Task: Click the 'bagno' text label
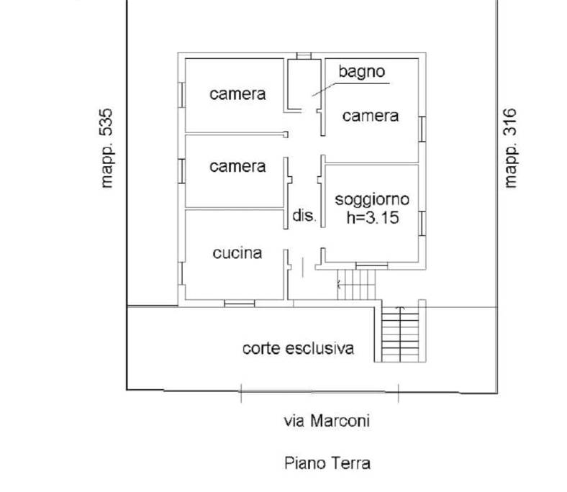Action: (362, 72)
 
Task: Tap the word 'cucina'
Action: (237, 253)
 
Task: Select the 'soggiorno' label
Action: (372, 200)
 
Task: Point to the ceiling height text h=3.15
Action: (373, 218)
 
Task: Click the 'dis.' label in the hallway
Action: (304, 216)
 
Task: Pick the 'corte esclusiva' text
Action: (298, 348)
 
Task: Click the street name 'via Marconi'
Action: (327, 421)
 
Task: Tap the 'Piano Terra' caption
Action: (327, 463)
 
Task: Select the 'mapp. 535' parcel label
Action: (106, 148)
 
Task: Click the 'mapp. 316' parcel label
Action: (510, 148)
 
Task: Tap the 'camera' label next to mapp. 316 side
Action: (371, 116)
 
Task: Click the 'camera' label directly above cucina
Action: (237, 167)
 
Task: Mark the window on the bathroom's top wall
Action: (304, 55)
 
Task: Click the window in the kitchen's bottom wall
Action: (240, 304)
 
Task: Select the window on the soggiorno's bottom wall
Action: (372, 266)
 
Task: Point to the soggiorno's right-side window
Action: (422, 224)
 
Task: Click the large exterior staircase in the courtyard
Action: (400, 334)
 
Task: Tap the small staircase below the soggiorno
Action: (356, 285)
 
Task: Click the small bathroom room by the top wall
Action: (304, 85)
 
